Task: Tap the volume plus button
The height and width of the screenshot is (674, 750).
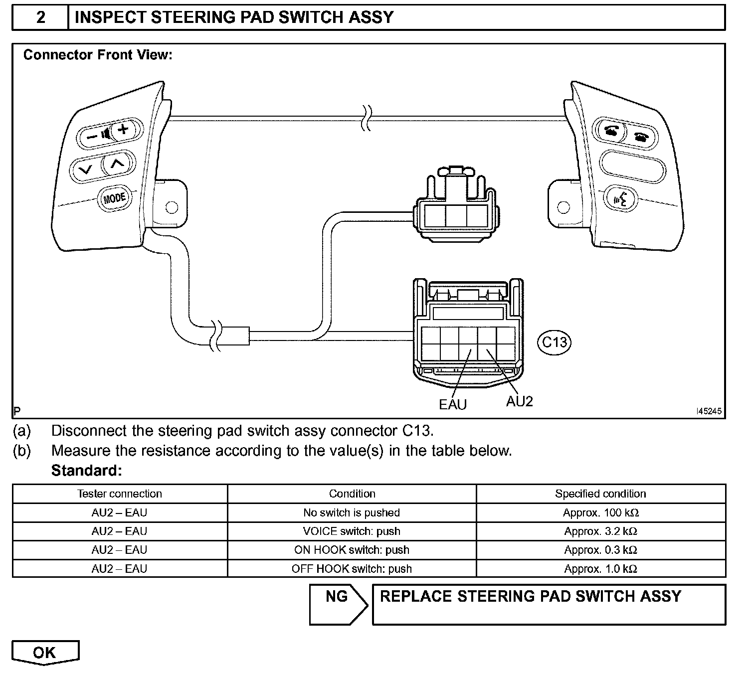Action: click(123, 130)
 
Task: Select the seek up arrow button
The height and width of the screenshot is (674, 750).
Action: click(116, 163)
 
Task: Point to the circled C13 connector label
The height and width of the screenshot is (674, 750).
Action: click(555, 342)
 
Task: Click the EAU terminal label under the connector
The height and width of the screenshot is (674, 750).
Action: click(453, 404)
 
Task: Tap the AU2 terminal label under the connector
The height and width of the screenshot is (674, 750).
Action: click(519, 401)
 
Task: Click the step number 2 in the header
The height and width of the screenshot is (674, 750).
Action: click(41, 17)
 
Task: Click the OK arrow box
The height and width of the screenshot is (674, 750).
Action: click(45, 653)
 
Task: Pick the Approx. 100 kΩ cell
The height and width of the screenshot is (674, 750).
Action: click(600, 512)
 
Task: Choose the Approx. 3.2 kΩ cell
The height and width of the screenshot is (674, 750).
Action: click(600, 531)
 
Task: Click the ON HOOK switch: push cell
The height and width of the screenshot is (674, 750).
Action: click(352, 550)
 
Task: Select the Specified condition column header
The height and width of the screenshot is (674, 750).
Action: click(600, 494)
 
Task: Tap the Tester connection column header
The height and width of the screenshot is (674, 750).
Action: click(120, 494)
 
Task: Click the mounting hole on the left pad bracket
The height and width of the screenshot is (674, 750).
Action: click(171, 207)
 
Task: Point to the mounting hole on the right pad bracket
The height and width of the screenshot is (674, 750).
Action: click(563, 207)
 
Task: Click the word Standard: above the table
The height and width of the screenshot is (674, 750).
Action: click(86, 470)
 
